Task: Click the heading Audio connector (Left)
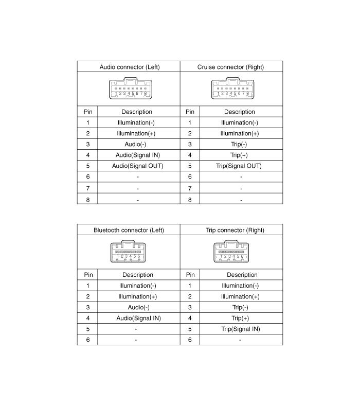click(x=130, y=67)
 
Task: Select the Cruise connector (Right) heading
click(x=230, y=67)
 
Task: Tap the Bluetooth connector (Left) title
click(x=129, y=230)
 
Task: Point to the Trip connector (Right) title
click(x=235, y=230)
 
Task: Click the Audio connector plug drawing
click(x=131, y=89)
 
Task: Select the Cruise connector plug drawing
click(x=232, y=89)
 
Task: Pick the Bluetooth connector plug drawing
click(x=128, y=252)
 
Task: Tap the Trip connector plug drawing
click(x=231, y=252)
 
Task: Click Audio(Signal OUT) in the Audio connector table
click(x=138, y=166)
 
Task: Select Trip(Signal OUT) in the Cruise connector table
click(x=239, y=166)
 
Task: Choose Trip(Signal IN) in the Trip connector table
click(x=241, y=329)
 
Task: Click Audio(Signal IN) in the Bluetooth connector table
click(x=138, y=318)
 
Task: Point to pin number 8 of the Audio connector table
click(x=88, y=200)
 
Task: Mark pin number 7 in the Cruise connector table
click(x=190, y=188)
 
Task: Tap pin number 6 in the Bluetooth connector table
click(x=88, y=340)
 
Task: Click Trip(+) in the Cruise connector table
click(x=239, y=155)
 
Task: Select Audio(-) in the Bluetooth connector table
click(x=139, y=307)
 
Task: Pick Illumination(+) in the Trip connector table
click(x=240, y=296)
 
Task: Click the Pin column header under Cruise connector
click(x=190, y=112)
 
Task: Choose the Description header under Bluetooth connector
click(x=138, y=275)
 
